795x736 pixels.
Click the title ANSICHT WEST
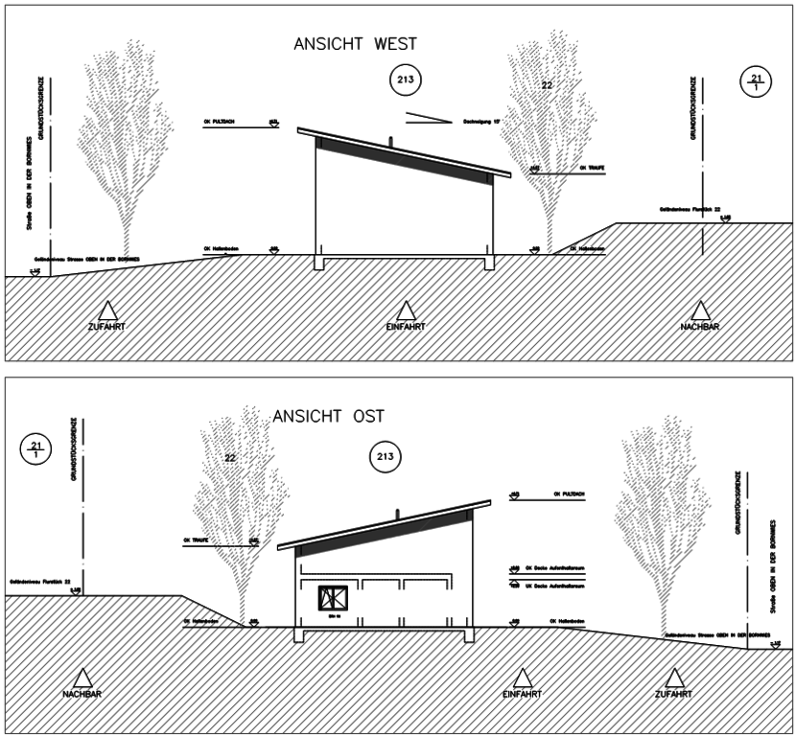(x=355, y=44)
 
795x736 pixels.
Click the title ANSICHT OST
(x=328, y=417)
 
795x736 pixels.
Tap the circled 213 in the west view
(x=406, y=80)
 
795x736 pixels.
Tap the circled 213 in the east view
(x=386, y=456)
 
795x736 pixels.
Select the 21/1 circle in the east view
(x=36, y=448)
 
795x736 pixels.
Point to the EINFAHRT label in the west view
(x=406, y=327)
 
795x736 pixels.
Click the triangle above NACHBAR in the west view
(x=700, y=310)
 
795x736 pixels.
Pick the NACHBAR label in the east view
(x=83, y=693)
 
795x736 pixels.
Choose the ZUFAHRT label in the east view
(x=672, y=693)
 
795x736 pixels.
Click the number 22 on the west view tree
(x=547, y=86)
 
